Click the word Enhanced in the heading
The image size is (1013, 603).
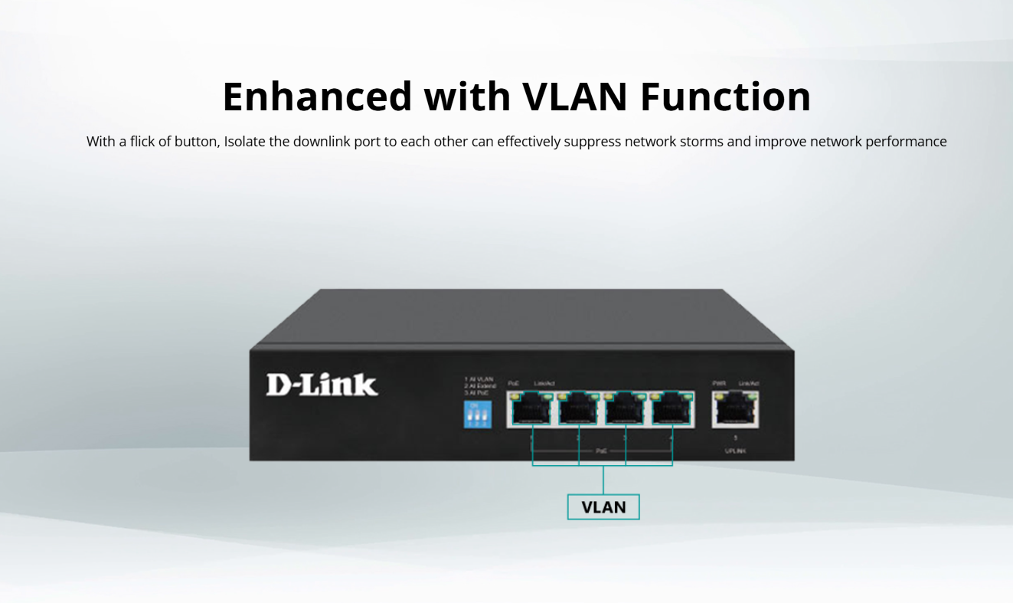click(x=316, y=97)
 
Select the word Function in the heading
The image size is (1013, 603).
click(x=725, y=97)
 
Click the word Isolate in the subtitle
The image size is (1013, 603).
click(x=244, y=142)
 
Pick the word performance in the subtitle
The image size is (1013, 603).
click(x=906, y=142)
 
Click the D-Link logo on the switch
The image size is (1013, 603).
click(x=322, y=385)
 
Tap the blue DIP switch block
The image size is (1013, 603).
click(x=479, y=415)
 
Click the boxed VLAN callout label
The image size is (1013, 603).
click(x=603, y=507)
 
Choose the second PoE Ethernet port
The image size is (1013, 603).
click(x=578, y=411)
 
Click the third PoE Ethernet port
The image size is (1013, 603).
click(x=626, y=411)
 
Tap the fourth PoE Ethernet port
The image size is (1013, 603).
click(x=672, y=411)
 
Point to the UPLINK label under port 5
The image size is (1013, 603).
click(x=735, y=451)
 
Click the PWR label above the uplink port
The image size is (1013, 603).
click(x=718, y=383)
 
